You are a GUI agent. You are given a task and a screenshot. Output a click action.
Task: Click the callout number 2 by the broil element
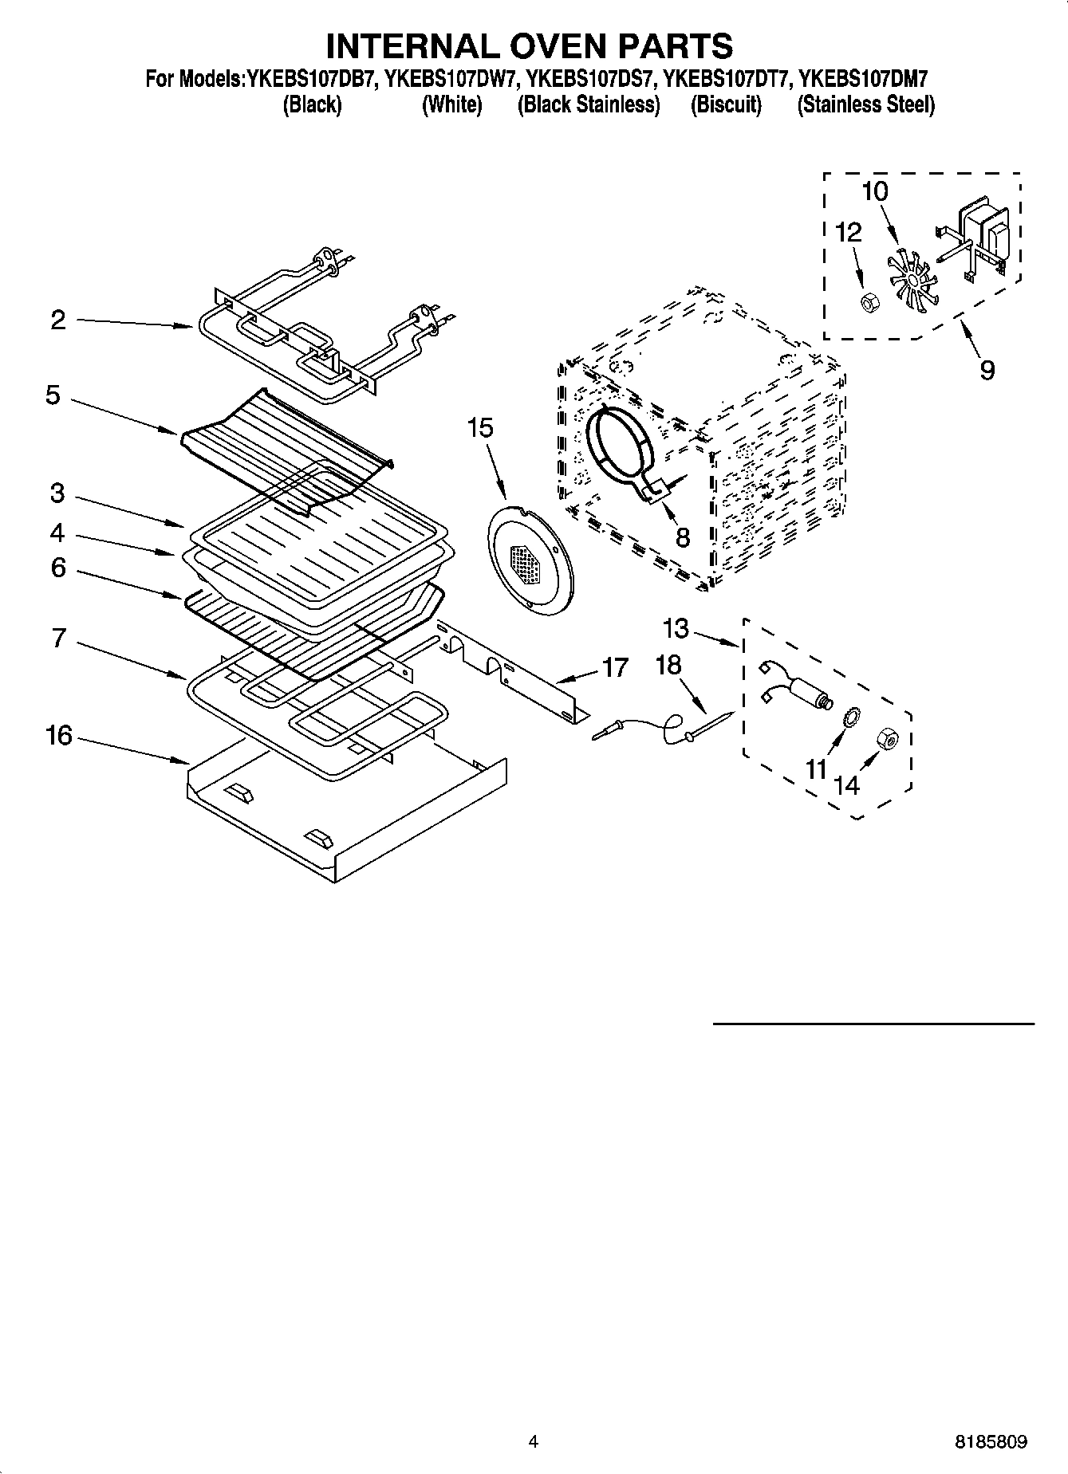click(57, 320)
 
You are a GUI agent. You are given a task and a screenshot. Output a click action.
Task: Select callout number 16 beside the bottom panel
click(58, 735)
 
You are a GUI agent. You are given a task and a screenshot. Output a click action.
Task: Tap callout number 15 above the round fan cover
click(480, 428)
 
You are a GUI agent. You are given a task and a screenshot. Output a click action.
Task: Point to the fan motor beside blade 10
click(984, 234)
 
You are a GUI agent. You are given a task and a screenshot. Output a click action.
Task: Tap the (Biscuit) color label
click(726, 104)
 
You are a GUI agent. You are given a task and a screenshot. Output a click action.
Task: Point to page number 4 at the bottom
click(534, 1441)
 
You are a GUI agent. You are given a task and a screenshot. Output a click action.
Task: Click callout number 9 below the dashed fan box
click(987, 370)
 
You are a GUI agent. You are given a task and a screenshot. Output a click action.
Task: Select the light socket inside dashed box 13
click(802, 686)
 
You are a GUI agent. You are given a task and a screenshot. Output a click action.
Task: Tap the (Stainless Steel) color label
click(865, 104)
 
